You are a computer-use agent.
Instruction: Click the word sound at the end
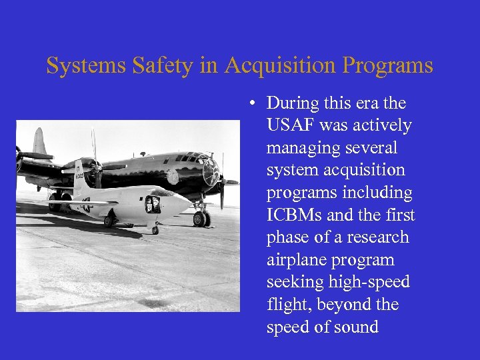pyautogui.click(x=354, y=327)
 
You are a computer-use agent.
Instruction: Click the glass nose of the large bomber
pyautogui.click(x=211, y=173)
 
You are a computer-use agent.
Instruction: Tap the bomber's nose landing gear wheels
pyautogui.click(x=201, y=218)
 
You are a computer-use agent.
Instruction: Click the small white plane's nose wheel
pyautogui.click(x=155, y=230)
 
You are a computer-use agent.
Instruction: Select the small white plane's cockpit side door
pyautogui.click(x=153, y=204)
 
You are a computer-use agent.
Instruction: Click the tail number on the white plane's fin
pyautogui.click(x=79, y=177)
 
